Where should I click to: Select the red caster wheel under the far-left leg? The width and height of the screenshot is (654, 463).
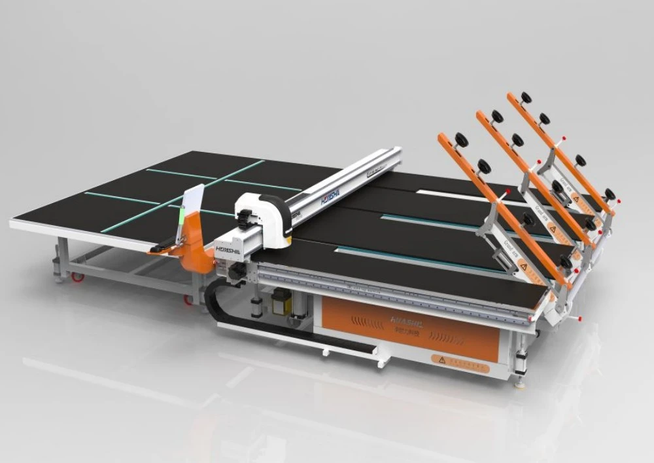pos(78,277)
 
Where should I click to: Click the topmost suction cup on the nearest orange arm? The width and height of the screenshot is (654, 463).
pos(462,138)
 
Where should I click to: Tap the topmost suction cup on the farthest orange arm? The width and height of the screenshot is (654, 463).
pos(526,97)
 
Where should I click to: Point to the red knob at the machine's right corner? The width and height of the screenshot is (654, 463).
pos(577,318)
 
